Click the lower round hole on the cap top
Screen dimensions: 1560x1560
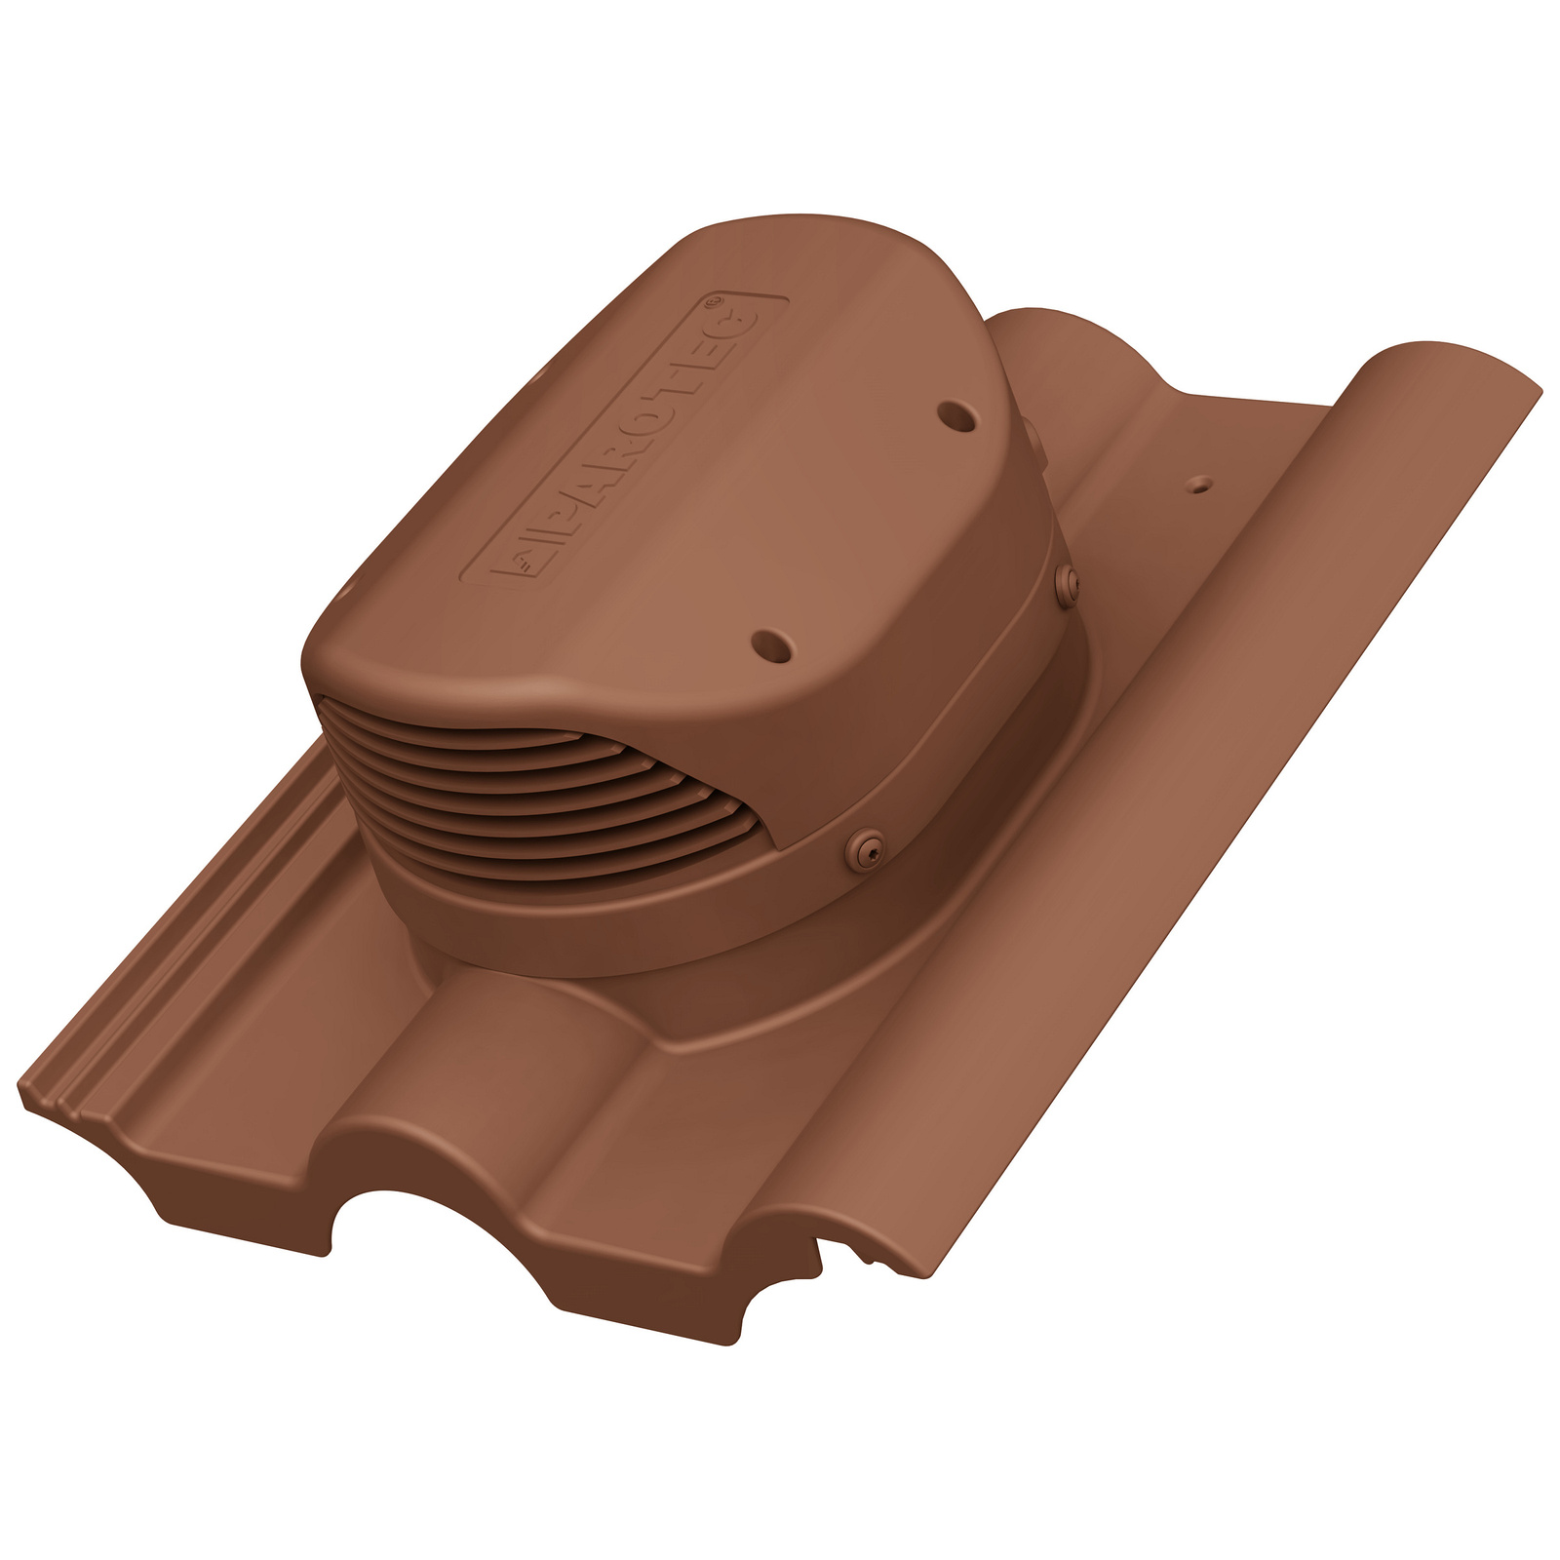(x=772, y=644)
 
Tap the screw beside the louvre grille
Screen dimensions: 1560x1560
(x=864, y=846)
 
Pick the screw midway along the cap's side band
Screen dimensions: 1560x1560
(x=1068, y=582)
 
